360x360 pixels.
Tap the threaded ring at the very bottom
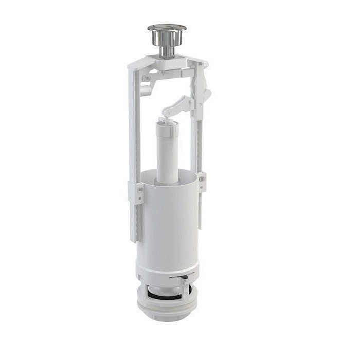[166, 309]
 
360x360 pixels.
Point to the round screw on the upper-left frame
[146, 78]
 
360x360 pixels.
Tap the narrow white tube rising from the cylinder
[167, 154]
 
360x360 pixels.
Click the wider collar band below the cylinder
[167, 270]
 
